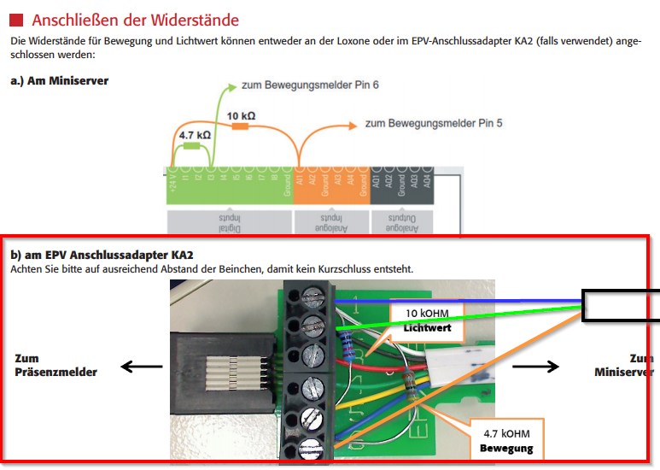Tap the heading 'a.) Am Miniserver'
pyautogui.click(x=59, y=80)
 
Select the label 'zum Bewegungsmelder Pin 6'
pyautogui.click(x=310, y=85)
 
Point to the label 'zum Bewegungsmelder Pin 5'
pyautogui.click(x=434, y=123)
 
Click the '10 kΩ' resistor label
pyautogui.click(x=241, y=115)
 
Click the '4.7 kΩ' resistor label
pyautogui.click(x=194, y=134)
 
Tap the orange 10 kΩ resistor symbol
pyautogui.click(x=241, y=126)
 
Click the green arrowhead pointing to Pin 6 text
pyautogui.click(x=232, y=85)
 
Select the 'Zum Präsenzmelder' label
pyautogui.click(x=55, y=365)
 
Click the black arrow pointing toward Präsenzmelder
pyautogui.click(x=141, y=367)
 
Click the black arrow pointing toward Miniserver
pyautogui.click(x=536, y=367)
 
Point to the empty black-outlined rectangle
pyautogui.click(x=621, y=304)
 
